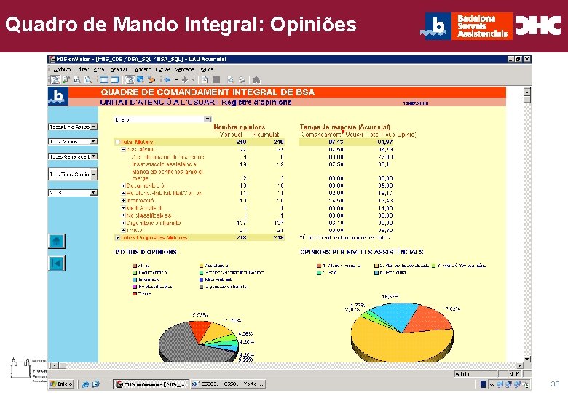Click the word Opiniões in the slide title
(313, 25)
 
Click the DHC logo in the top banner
(538, 26)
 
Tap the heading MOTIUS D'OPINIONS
(146, 252)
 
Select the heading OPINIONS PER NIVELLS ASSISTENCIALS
(362, 252)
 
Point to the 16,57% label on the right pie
(391, 297)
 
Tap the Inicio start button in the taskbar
(62, 383)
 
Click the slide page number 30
(555, 384)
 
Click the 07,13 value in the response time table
(336, 141)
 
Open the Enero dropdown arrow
(208, 119)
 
